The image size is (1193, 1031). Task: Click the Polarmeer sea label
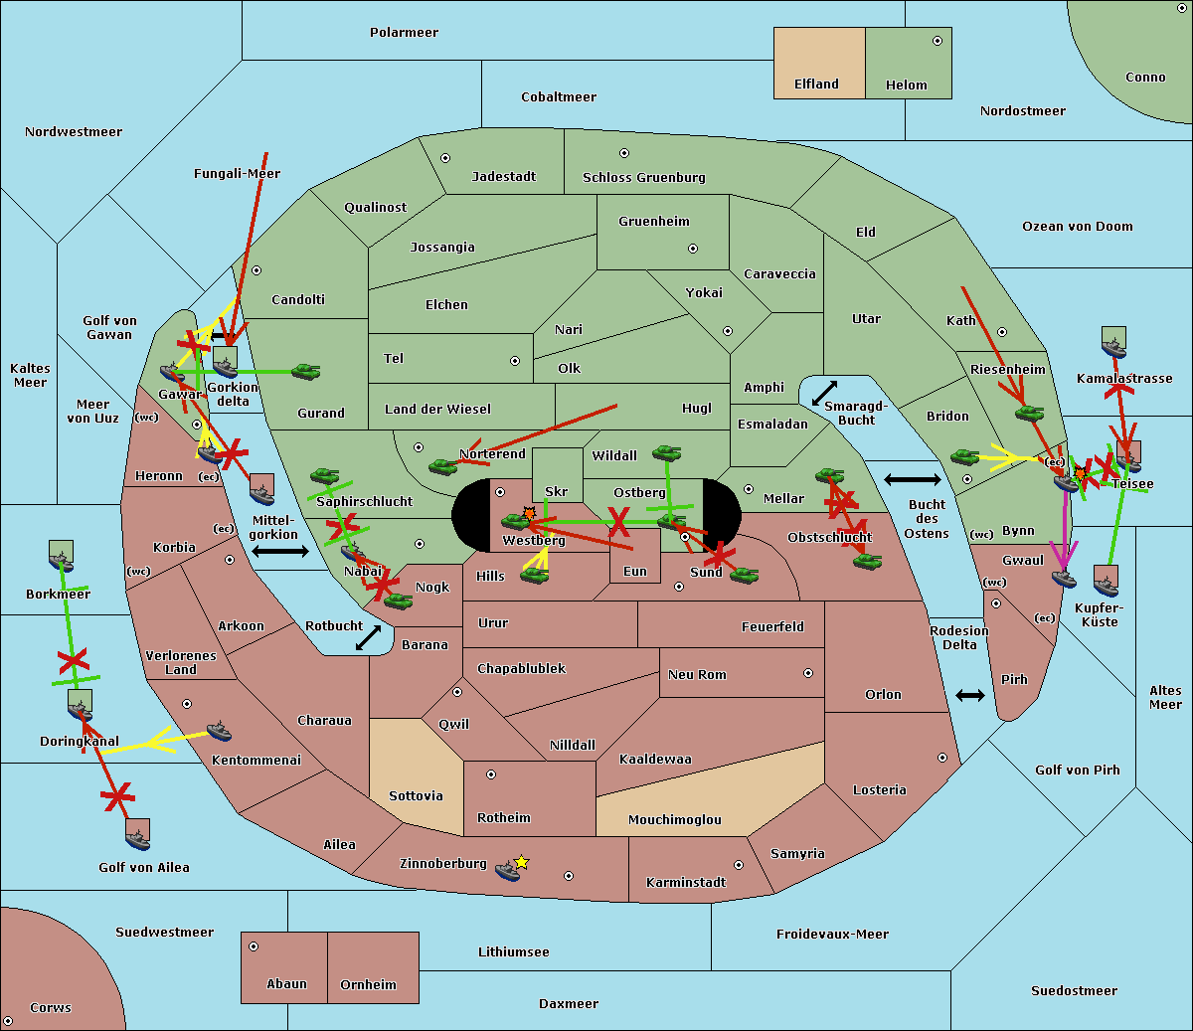pos(404,33)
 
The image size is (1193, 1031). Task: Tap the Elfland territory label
pos(816,85)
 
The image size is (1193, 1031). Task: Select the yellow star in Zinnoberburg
pos(521,862)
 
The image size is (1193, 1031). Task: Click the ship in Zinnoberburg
pos(508,872)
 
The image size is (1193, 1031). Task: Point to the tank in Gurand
pos(305,372)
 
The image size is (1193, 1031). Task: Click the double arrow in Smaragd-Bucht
pos(824,393)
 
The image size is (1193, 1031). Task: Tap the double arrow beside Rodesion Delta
pos(969,695)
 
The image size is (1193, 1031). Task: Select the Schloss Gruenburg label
pos(643,178)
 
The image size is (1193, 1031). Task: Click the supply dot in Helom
pos(937,41)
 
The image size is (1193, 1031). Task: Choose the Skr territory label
pos(556,492)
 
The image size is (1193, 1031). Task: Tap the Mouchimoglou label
pos(674,820)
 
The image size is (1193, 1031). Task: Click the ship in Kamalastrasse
pos(1114,343)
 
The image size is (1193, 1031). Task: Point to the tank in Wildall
pos(666,453)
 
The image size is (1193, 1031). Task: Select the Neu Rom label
pos(697,675)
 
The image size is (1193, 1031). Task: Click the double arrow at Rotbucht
pos(368,637)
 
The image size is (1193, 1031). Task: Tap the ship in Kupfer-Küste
pos(1106,582)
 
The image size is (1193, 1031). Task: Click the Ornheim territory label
pos(368,985)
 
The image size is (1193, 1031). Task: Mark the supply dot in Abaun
pos(254,946)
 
